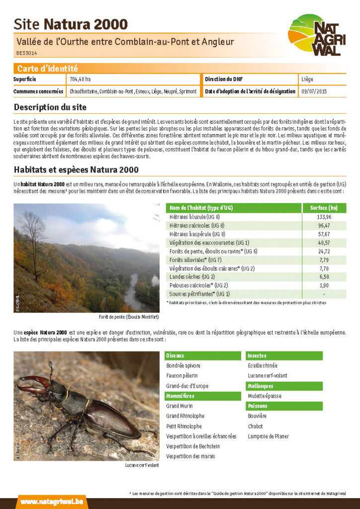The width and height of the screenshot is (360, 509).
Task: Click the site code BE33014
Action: coord(27,53)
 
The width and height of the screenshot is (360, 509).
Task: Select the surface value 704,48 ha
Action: coord(81,80)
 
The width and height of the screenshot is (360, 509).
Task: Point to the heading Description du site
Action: coord(50,107)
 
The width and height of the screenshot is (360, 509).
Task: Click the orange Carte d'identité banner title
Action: coord(48,69)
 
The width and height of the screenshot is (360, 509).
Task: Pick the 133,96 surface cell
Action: coord(324,217)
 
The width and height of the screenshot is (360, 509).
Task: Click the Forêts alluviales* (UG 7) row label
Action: coord(195,259)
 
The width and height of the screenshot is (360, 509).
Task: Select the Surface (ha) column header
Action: coord(324,208)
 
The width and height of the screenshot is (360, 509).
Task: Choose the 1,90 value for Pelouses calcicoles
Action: coord(324,285)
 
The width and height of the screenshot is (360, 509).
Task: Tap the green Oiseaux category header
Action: coord(175,356)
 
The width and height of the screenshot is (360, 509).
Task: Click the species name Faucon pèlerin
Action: coord(182,376)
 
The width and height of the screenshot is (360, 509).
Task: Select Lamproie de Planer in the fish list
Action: coord(269,436)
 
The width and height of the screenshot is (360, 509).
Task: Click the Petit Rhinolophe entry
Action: coord(184,426)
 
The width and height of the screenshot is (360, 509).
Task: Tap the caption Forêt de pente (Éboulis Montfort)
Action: coord(129,317)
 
